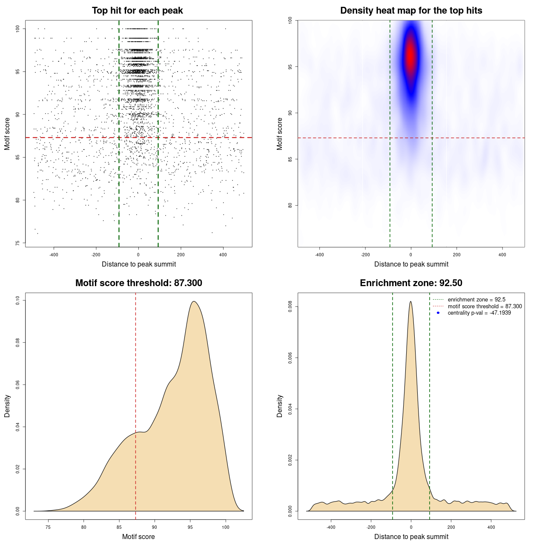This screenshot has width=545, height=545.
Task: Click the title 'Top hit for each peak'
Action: click(137, 11)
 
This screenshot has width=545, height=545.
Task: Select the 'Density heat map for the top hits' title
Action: click(411, 11)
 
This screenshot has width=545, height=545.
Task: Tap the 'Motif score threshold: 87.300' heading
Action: click(138, 283)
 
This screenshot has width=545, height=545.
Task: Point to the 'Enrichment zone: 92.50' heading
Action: click(411, 283)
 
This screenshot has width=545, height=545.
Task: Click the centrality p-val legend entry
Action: click(479, 313)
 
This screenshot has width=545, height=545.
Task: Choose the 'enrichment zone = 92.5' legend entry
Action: click(476, 300)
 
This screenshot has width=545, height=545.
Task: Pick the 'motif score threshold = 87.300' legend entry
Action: click(485, 307)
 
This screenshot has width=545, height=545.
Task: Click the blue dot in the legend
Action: click(438, 313)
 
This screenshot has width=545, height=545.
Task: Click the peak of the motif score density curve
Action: click(194, 301)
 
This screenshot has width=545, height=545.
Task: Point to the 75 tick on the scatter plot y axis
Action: click(18, 243)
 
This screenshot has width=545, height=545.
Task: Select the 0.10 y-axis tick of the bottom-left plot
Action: click(18, 300)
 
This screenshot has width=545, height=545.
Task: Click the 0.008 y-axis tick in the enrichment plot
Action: click(290, 307)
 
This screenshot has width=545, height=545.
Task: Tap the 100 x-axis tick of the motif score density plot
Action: click(226, 527)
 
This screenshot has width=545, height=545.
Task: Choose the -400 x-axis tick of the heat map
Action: click(319, 255)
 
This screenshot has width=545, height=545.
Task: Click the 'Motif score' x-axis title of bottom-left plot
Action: click(138, 536)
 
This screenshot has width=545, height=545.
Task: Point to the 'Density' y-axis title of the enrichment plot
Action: click(280, 406)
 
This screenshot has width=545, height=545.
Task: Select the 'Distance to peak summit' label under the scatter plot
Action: click(139, 264)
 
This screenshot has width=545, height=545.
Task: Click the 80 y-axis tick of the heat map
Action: click(290, 205)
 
